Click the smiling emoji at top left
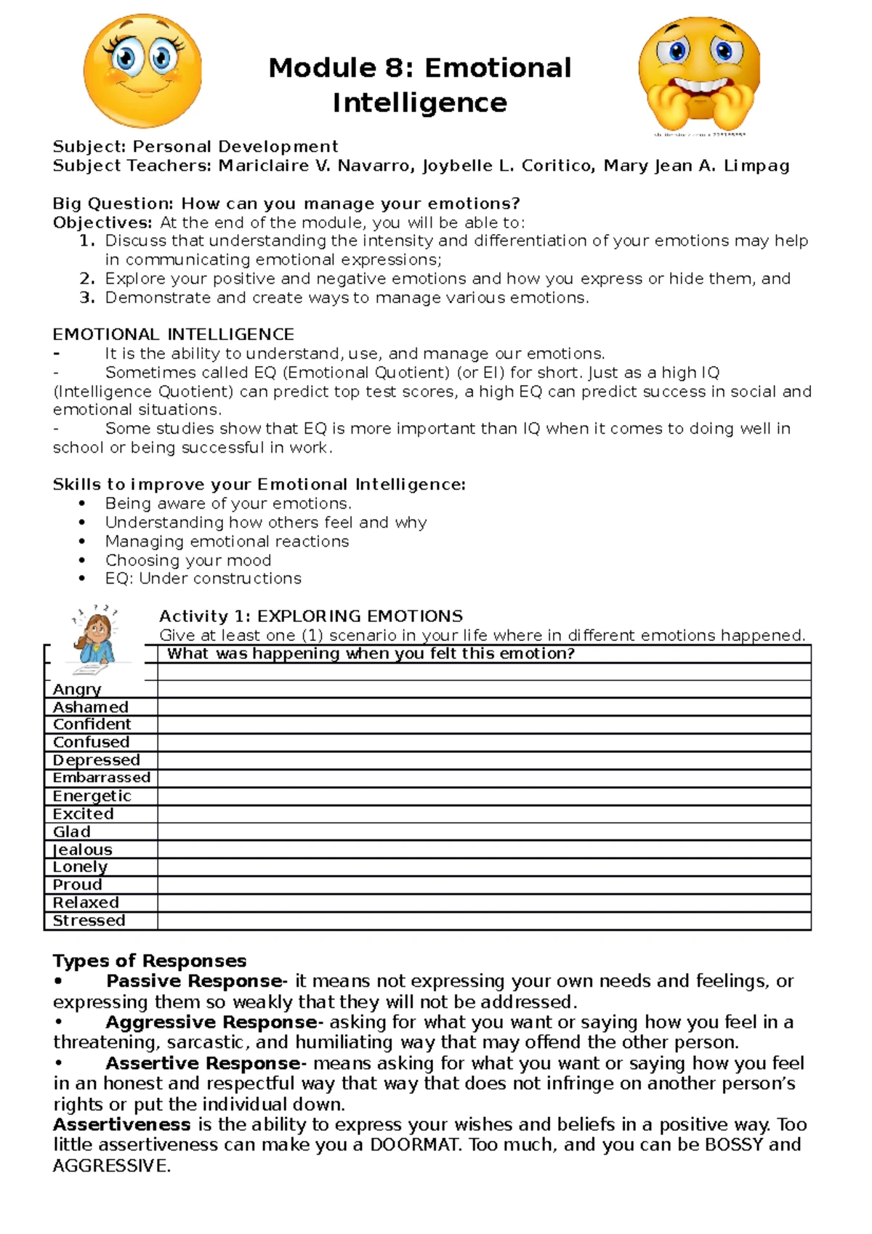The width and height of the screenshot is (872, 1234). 142,70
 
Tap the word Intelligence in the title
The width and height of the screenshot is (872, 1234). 419,102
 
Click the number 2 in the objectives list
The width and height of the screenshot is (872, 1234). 86,278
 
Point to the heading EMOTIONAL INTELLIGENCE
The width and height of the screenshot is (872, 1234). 173,334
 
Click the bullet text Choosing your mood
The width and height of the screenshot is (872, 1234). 188,560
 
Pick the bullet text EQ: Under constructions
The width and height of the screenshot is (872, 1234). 203,578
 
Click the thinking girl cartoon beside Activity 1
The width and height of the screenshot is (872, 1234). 95,636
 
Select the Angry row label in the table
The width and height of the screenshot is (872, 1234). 77,689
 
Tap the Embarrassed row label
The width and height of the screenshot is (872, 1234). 101,778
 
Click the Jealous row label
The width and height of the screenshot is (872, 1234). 82,850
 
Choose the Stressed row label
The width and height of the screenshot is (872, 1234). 89,921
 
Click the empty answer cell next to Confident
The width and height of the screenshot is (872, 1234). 483,725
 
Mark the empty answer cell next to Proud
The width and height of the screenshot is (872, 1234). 483,885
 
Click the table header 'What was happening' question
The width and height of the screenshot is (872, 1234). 371,654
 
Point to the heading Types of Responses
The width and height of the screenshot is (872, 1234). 149,961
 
